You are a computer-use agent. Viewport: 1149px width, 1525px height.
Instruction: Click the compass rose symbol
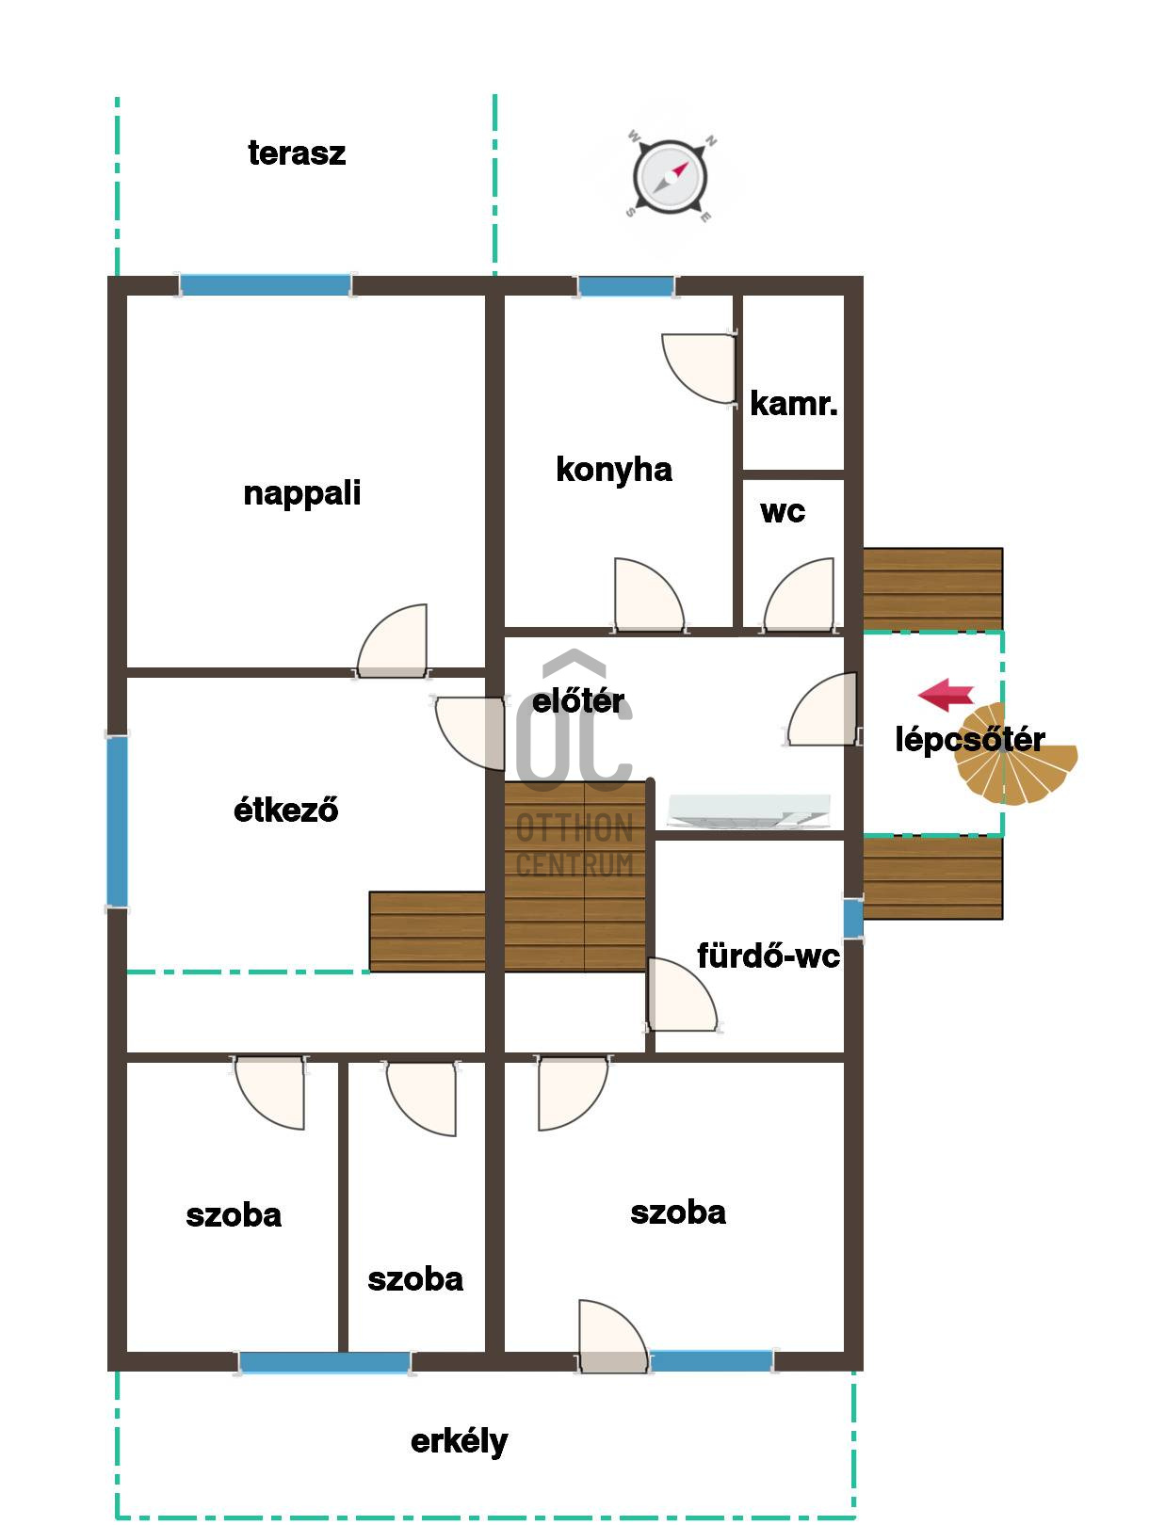click(669, 176)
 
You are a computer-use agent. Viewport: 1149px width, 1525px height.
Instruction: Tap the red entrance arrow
click(946, 694)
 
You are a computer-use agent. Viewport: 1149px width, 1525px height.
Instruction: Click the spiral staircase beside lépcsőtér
click(1015, 755)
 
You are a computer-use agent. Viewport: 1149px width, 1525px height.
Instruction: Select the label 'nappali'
click(301, 494)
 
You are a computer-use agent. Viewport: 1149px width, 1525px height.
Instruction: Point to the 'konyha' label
click(614, 471)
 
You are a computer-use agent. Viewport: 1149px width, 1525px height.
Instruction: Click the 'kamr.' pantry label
click(793, 404)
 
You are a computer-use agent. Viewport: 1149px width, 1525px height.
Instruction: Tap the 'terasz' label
click(297, 152)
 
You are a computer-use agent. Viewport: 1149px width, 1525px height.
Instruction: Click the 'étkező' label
click(285, 810)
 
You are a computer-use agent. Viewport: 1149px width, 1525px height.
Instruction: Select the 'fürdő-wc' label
click(769, 956)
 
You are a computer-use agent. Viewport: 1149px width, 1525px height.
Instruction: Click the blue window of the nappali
click(265, 285)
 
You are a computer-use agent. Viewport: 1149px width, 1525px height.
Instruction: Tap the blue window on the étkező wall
click(117, 821)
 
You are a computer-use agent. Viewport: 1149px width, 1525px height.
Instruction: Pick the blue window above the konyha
click(625, 285)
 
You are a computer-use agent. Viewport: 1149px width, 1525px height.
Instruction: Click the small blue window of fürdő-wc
click(853, 918)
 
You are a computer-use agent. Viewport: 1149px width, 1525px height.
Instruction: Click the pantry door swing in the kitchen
click(698, 368)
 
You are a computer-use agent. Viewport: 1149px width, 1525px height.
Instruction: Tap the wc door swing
click(799, 596)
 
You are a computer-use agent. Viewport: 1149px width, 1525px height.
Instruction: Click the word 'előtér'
click(577, 701)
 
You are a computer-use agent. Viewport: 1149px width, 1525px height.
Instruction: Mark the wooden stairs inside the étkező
click(427, 931)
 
